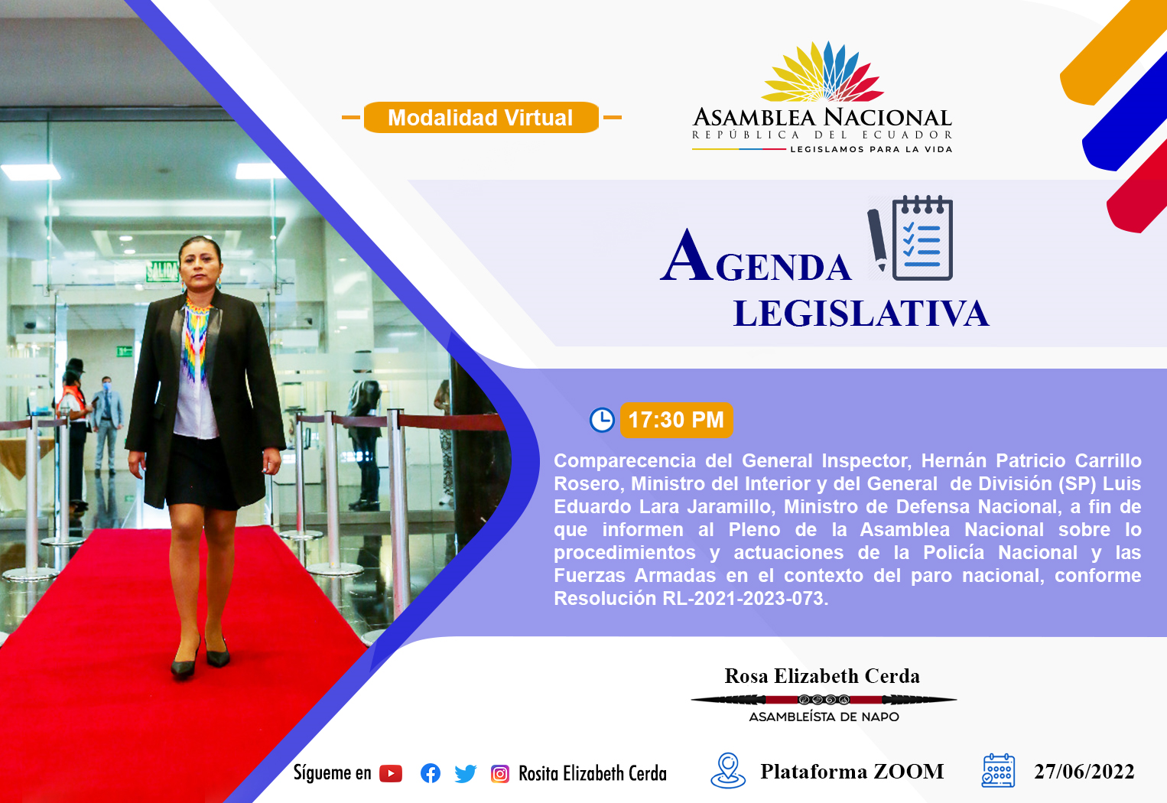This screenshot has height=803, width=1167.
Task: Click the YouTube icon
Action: (x=391, y=774)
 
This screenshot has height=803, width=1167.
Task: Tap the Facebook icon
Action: (x=431, y=774)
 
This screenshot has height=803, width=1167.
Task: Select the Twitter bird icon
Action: (x=465, y=774)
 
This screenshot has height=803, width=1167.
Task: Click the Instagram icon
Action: (x=499, y=774)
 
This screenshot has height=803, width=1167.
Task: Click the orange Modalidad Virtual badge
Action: (x=481, y=117)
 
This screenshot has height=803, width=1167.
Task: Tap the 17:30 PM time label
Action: (x=676, y=420)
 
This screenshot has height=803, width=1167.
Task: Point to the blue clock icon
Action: (x=602, y=420)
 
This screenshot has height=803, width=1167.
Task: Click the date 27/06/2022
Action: (x=1084, y=772)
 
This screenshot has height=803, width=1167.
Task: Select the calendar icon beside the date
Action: (x=998, y=771)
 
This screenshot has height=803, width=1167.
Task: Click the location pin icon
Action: (x=728, y=770)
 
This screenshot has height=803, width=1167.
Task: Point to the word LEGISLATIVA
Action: (x=861, y=314)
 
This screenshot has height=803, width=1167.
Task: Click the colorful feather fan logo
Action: (x=822, y=72)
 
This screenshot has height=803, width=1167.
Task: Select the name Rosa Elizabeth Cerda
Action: (x=822, y=676)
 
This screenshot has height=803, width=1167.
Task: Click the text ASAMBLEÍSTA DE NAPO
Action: (x=824, y=717)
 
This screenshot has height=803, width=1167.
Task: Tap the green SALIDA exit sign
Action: (x=162, y=271)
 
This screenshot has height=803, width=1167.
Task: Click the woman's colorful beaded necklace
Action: (x=197, y=339)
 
